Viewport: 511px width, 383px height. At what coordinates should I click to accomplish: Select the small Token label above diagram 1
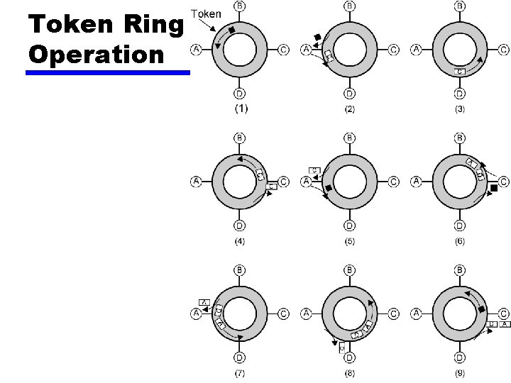point(207,13)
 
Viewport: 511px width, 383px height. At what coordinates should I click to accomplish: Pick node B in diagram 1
point(240,6)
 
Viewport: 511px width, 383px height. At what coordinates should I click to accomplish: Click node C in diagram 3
point(503,50)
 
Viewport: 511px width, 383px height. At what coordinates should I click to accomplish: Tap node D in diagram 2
point(349,93)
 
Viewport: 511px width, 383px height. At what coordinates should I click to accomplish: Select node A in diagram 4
point(196,182)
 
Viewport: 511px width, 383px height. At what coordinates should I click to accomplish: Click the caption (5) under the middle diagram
point(350,242)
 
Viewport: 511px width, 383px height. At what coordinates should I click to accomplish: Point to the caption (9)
point(460,374)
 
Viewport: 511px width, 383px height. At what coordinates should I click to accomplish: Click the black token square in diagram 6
point(494,187)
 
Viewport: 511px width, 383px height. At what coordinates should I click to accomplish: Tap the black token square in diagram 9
point(483,310)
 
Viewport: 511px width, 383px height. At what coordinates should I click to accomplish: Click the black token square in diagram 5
point(329,188)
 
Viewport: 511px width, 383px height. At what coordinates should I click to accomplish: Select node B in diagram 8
point(349,270)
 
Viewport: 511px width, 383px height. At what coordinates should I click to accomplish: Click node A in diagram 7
point(196,313)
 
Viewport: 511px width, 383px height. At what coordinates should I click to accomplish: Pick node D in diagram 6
point(460,226)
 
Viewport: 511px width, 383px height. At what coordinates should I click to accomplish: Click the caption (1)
point(241,109)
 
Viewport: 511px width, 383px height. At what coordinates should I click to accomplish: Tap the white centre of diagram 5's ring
point(349,182)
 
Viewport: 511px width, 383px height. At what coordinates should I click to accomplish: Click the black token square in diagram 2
point(317,37)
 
